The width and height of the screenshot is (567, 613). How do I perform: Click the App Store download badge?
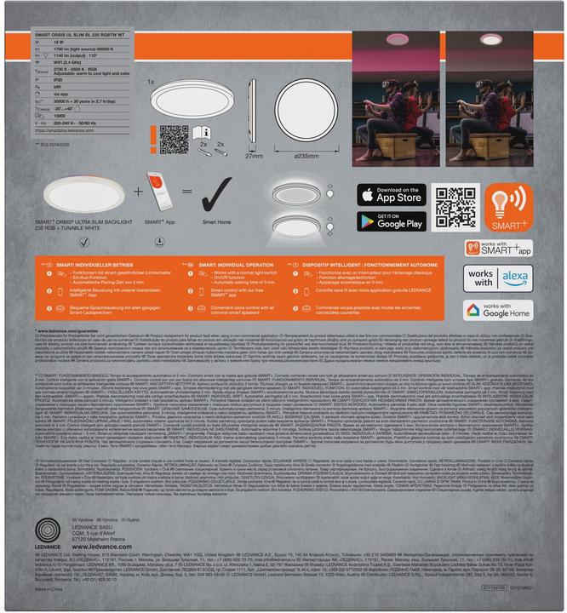393,194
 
